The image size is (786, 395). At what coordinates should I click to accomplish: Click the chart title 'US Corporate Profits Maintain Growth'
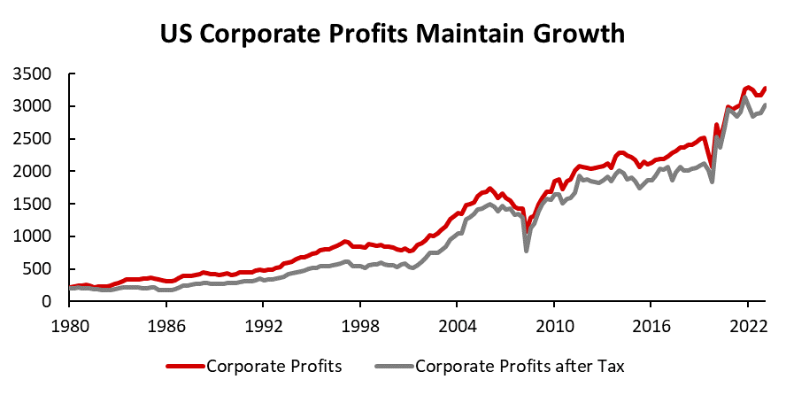pos(392,34)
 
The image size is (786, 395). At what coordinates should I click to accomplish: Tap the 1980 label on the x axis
pos(69,323)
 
